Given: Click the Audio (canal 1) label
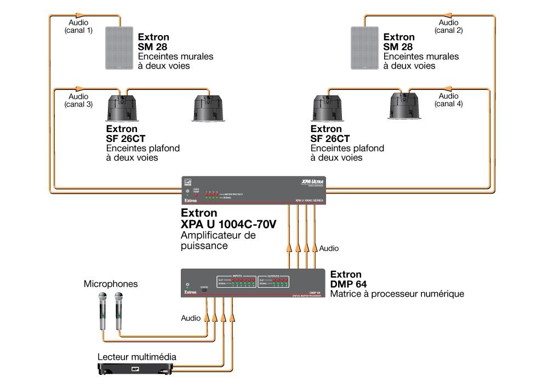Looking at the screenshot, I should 78,27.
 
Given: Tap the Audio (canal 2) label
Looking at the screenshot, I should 448,27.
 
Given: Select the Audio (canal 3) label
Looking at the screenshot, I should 78,100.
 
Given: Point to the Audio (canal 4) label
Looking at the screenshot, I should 448,100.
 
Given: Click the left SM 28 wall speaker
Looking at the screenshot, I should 119,48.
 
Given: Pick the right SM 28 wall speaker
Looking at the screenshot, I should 364,48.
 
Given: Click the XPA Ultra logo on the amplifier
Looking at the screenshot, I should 313,182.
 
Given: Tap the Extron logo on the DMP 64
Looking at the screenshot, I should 190,292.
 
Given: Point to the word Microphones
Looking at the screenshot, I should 111,284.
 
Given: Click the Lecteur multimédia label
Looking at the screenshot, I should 137,357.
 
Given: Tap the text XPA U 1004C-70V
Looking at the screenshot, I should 229,224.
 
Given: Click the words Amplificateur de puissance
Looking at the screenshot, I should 218,241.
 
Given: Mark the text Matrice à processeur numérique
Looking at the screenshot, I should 397,294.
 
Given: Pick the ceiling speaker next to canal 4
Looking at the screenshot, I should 404,105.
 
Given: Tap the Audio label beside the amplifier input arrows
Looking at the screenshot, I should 329,248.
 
